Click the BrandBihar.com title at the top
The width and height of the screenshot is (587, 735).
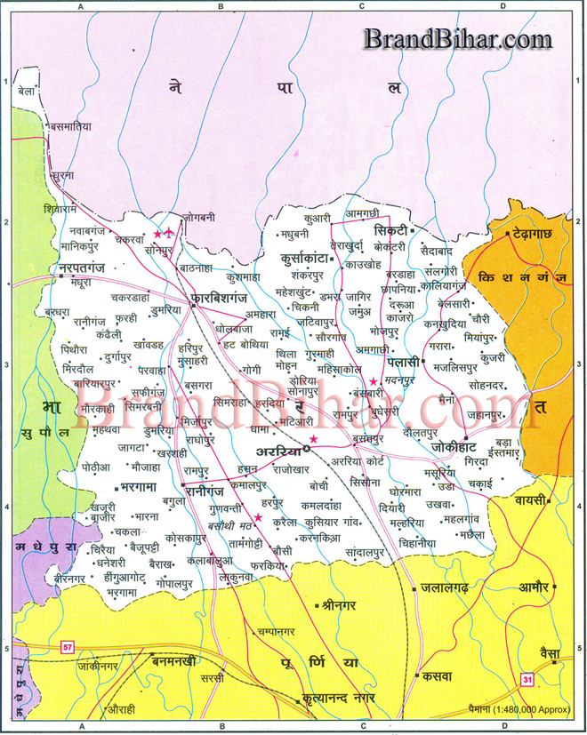[x=457, y=38]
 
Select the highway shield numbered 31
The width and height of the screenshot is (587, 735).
[x=527, y=679]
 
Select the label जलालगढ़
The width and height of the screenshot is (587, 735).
[x=451, y=588]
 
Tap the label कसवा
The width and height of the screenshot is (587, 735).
[x=438, y=675]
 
